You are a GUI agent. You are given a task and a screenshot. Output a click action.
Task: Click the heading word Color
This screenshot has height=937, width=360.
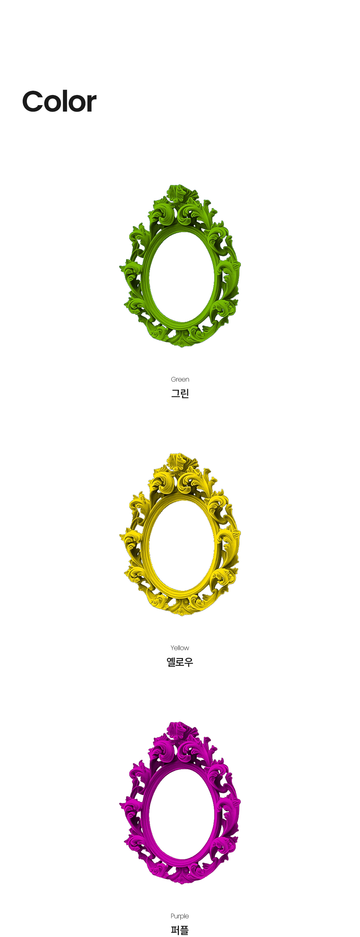[x=59, y=102]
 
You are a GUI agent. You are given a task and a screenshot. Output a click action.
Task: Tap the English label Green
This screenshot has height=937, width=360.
[x=180, y=379]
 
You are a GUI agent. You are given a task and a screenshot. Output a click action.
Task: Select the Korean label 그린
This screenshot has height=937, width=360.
[x=180, y=393]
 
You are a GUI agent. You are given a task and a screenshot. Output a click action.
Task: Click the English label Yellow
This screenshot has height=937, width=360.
[x=180, y=648]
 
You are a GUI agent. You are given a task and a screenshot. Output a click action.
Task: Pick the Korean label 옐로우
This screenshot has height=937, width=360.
[x=180, y=662]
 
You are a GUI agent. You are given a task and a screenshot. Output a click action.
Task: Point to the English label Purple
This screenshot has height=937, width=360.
[x=180, y=916]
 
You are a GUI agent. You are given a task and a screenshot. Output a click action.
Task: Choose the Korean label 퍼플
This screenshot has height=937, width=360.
[x=180, y=930]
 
